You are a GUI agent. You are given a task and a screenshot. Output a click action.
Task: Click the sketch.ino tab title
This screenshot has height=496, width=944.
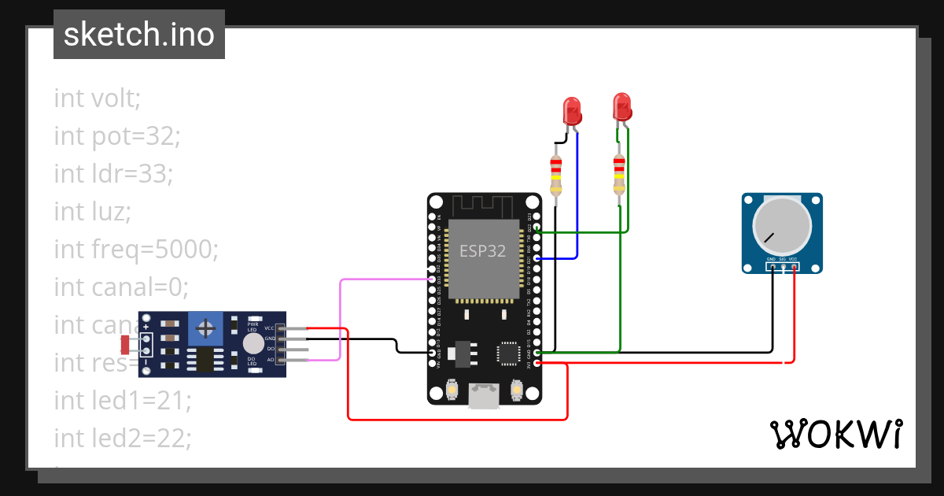(139, 35)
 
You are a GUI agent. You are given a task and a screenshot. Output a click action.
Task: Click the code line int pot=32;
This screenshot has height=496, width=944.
(117, 136)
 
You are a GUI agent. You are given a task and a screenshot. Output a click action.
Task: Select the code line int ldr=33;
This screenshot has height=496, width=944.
(112, 173)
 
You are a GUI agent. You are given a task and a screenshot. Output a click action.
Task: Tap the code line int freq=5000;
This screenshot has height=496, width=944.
(135, 249)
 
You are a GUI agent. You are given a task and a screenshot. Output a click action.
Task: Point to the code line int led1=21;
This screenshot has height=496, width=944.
(123, 400)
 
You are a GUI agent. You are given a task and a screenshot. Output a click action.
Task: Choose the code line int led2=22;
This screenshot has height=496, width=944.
(123, 438)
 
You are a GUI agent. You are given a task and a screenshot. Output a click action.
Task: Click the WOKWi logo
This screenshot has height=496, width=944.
(835, 435)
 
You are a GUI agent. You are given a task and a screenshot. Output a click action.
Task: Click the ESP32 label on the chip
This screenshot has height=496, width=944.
(482, 250)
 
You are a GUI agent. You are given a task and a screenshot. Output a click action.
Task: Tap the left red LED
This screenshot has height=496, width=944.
(572, 110)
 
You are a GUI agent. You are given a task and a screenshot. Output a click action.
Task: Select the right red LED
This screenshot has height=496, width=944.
(622, 106)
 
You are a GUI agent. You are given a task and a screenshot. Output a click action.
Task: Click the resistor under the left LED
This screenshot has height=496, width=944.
(556, 175)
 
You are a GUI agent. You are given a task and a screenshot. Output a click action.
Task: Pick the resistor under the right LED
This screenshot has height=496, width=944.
(619, 175)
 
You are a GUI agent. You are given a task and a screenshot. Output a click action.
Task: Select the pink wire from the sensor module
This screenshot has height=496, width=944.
(340, 315)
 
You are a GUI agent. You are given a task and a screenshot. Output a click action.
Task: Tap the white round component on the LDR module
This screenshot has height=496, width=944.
(253, 343)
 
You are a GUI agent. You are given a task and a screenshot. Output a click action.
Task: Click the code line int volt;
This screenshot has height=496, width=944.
(98, 98)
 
